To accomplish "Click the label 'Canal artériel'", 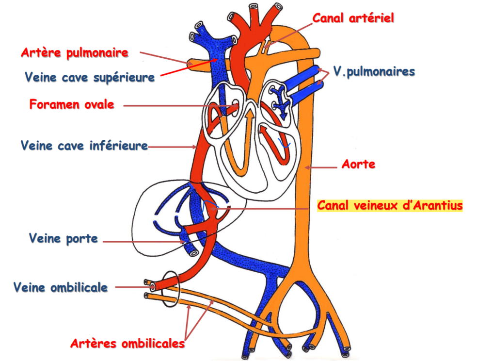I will point(353,18).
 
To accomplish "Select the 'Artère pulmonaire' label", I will point(75,52).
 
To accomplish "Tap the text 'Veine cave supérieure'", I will point(89,77).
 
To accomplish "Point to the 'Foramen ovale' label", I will point(72,104).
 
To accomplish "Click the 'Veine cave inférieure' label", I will point(84,145).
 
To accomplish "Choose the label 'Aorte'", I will point(358,164).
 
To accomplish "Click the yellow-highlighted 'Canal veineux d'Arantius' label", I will point(390,206).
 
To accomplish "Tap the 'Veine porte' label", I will point(64,238).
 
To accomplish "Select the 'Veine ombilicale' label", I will point(61,287).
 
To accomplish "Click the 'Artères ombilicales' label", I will point(127,344).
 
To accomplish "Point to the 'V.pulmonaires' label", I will point(373,72).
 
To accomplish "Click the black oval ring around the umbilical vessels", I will point(171,288).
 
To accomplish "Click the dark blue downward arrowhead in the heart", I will point(283,116).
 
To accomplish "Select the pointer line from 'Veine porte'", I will point(145,241).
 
